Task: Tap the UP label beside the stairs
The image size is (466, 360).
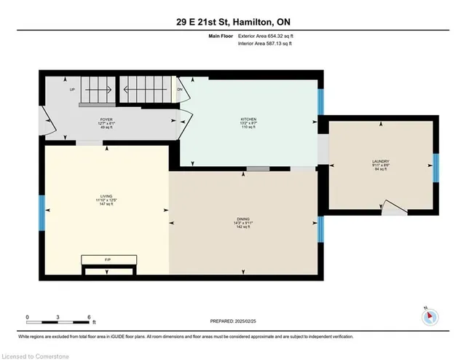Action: [x=72, y=90]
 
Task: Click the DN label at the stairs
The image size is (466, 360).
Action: [x=179, y=90]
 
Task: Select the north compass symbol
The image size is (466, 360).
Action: [x=430, y=316]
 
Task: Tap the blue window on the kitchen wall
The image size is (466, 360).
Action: [x=321, y=103]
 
